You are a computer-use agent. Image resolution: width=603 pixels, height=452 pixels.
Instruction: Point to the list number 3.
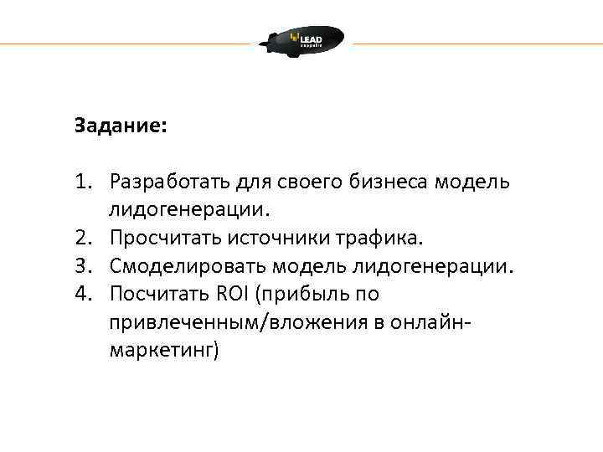pyautogui.click(x=81, y=266)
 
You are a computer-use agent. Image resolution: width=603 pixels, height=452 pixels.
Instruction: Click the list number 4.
pyautogui.click(x=81, y=295)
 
